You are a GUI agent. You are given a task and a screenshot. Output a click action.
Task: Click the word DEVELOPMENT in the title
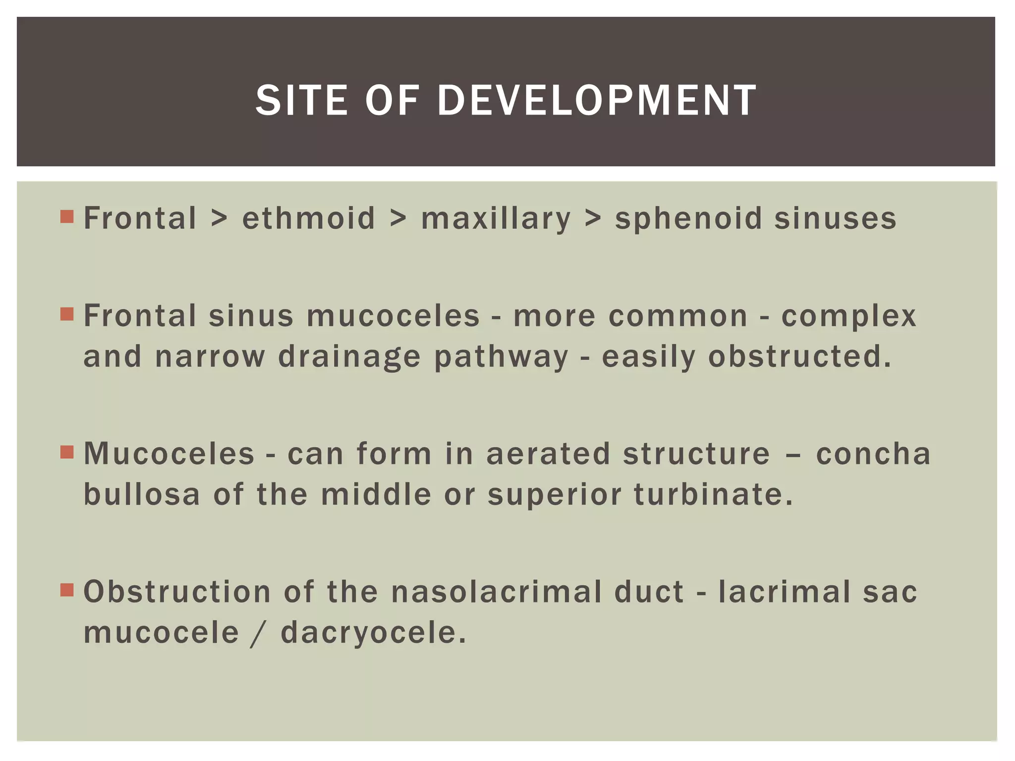tap(597, 101)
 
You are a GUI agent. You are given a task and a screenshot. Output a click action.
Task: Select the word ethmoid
tap(308, 218)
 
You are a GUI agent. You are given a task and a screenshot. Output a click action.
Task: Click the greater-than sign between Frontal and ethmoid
tap(220, 218)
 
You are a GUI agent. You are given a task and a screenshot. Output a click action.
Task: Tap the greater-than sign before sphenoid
tap(593, 218)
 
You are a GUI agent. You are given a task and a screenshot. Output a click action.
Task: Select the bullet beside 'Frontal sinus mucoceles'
tap(67, 314)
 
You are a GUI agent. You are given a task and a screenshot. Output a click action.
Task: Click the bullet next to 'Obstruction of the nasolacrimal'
tap(67, 590)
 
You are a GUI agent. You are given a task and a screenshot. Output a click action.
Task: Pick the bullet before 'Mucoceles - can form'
tap(67, 452)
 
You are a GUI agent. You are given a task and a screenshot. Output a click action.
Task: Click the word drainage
tap(349, 357)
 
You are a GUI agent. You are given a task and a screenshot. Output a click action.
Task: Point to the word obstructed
tap(799, 356)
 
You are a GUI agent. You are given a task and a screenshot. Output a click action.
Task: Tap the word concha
tap(873, 454)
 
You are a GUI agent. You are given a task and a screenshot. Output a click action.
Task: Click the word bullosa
tap(142, 494)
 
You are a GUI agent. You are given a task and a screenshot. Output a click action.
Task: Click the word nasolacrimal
tap(496, 592)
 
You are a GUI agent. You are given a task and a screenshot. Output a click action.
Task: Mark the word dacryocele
tap(373, 633)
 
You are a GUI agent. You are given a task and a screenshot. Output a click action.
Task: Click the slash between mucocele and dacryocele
tap(256, 633)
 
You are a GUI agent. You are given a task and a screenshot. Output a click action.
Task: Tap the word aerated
tap(548, 454)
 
